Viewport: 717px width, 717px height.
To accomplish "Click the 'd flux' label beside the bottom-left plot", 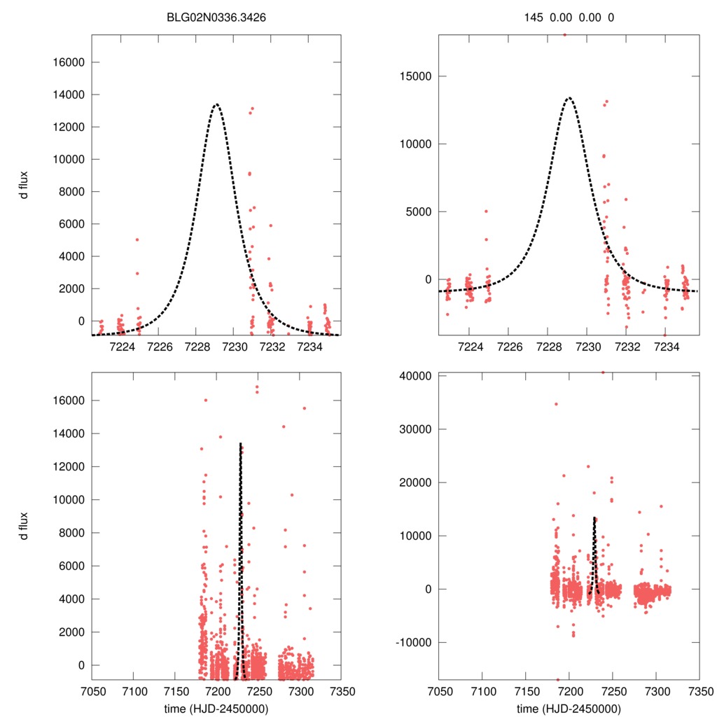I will pyautogui.click(x=25, y=526).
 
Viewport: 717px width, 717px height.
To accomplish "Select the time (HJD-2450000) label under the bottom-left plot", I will pyautogui.click(x=216, y=708).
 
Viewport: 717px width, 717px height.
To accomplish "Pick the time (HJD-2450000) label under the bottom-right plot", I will pyautogui.click(x=569, y=708).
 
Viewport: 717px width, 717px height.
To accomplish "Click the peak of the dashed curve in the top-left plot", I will pyautogui.click(x=216, y=104).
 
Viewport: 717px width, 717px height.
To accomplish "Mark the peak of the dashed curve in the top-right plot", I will pyautogui.click(x=569, y=98).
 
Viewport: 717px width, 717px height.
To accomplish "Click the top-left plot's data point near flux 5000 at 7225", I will pyautogui.click(x=137, y=239).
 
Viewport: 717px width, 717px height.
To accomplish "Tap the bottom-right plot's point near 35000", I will pyautogui.click(x=556, y=404).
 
